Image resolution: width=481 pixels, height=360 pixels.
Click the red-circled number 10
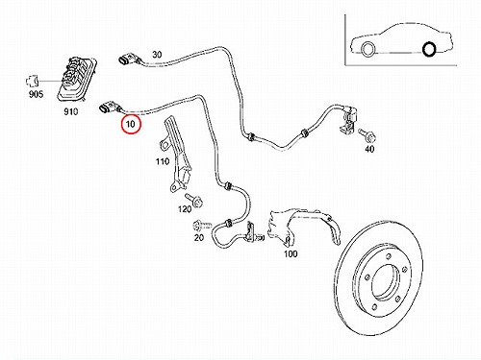tap(131, 124)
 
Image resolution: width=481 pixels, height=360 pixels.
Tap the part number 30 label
tap(157, 55)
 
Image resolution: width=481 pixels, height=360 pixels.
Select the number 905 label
tap(36, 94)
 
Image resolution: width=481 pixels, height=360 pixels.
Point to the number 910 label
tap(70, 111)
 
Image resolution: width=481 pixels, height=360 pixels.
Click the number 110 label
tap(163, 161)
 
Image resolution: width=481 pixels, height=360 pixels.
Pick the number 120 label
tap(185, 209)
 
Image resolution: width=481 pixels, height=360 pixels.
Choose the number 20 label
tap(199, 237)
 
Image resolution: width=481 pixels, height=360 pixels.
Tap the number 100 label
tap(291, 253)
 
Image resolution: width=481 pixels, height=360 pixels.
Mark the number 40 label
tap(369, 149)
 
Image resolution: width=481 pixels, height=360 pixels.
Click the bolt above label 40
tap(367, 135)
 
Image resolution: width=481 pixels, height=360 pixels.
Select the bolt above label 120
tap(193, 200)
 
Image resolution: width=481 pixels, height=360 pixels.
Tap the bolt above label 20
tap(202, 226)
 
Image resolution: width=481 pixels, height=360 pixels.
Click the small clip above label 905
tap(32, 81)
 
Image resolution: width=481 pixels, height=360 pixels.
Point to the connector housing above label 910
tap(77, 79)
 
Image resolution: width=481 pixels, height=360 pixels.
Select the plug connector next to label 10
tap(109, 108)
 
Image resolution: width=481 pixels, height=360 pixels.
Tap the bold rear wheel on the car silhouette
tap(429, 49)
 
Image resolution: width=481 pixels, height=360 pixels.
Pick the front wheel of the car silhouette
tap(367, 50)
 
